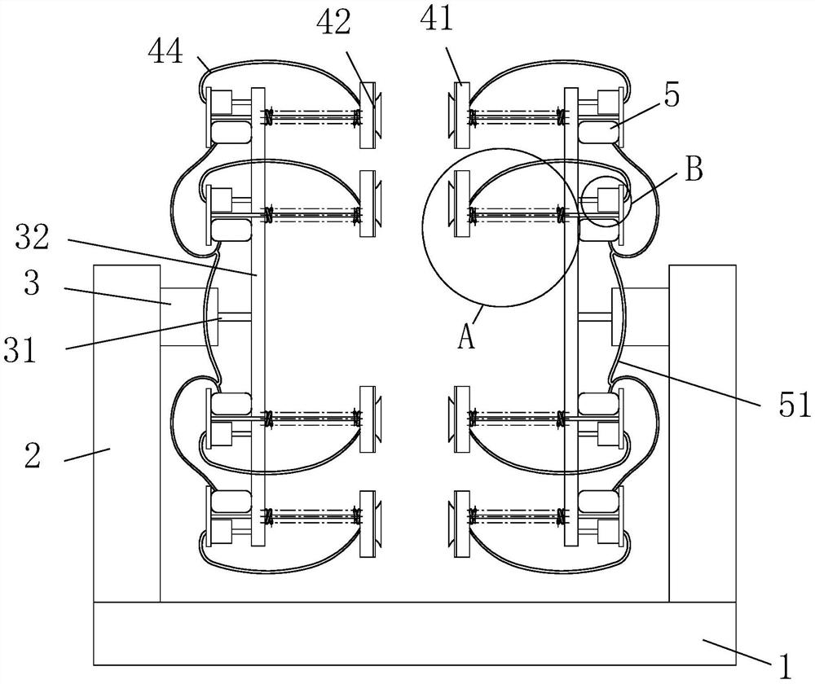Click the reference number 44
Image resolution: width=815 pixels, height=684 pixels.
tap(165, 52)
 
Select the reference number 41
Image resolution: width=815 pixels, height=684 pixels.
tap(437, 19)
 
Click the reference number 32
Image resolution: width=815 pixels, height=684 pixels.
tap(33, 237)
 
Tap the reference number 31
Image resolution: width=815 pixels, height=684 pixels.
tap(20, 349)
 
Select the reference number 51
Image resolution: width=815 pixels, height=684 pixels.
tap(794, 405)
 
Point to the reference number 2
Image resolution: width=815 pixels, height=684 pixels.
tap(33, 455)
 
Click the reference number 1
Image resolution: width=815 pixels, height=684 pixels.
tap(785, 666)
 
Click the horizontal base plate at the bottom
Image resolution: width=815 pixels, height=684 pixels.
tap(415, 634)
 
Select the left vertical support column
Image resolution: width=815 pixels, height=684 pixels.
tap(127, 434)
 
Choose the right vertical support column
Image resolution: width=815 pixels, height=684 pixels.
tap(703, 434)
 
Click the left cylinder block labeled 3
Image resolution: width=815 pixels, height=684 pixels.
tap(189, 317)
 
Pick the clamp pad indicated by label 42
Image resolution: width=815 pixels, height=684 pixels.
tap(368, 115)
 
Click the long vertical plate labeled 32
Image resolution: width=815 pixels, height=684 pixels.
tap(258, 316)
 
